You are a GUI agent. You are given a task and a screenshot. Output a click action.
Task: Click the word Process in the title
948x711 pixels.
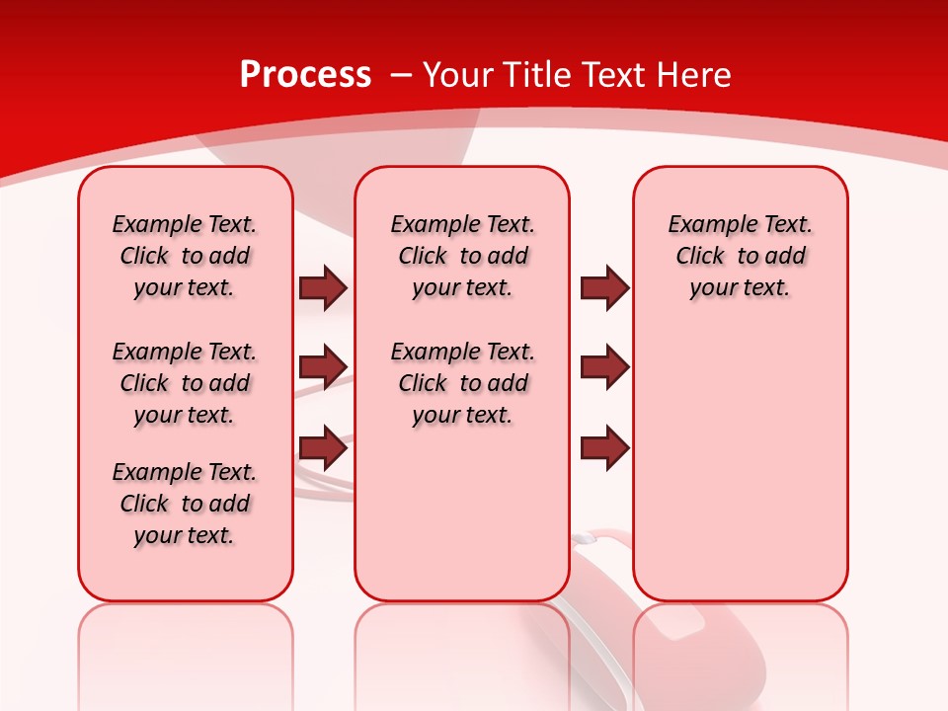pyautogui.click(x=305, y=75)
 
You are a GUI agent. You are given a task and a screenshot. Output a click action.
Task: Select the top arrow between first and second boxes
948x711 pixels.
pyautogui.click(x=323, y=288)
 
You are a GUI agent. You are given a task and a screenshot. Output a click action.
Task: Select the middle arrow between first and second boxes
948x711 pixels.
pyautogui.click(x=323, y=367)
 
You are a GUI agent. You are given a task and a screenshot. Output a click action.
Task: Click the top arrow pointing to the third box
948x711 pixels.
pyautogui.click(x=604, y=288)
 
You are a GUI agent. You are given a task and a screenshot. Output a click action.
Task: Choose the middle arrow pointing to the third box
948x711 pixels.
pyautogui.click(x=604, y=367)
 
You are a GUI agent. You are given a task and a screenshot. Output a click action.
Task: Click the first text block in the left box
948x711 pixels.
pyautogui.click(x=185, y=256)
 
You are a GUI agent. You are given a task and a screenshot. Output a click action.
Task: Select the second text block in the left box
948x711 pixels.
pyautogui.click(x=185, y=383)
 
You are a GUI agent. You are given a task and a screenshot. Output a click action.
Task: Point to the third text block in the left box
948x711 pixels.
pyautogui.click(x=185, y=504)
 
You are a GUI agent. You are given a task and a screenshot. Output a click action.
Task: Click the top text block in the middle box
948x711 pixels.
pyautogui.click(x=463, y=256)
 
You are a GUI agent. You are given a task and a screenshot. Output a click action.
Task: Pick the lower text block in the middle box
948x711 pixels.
pyautogui.click(x=463, y=383)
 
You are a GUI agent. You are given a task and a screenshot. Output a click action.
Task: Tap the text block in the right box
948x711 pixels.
pyautogui.click(x=741, y=256)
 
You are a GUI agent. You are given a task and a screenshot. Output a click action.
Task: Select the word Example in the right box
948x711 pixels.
pyautogui.click(x=705, y=225)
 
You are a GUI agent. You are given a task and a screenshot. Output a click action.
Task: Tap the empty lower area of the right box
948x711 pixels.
pyautogui.click(x=741, y=464)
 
